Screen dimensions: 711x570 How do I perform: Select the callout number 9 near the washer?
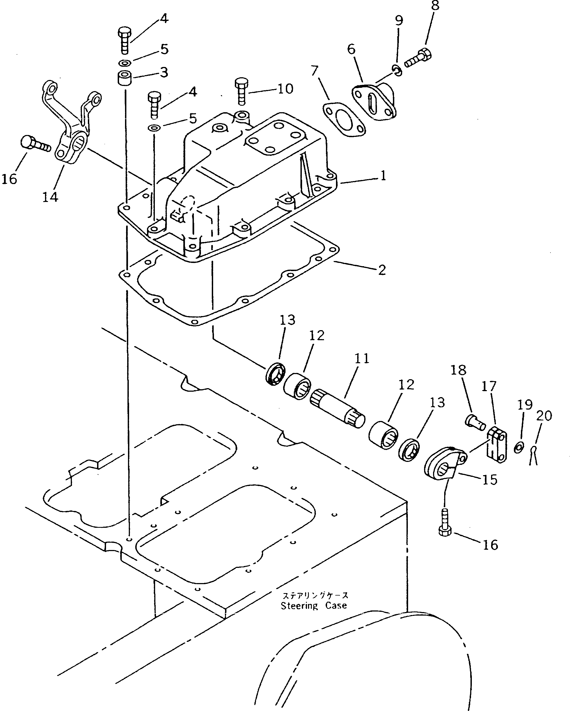click(399, 21)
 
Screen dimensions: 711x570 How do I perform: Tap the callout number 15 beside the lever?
click(489, 480)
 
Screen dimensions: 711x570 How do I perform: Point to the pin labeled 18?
click(475, 422)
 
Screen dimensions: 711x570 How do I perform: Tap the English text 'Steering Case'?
click(314, 606)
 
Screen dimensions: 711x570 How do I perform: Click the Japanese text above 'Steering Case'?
click(315, 595)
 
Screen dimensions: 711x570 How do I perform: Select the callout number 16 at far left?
click(9, 179)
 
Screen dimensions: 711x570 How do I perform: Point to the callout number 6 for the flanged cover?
click(351, 49)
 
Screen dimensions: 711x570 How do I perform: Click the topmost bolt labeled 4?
click(125, 40)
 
